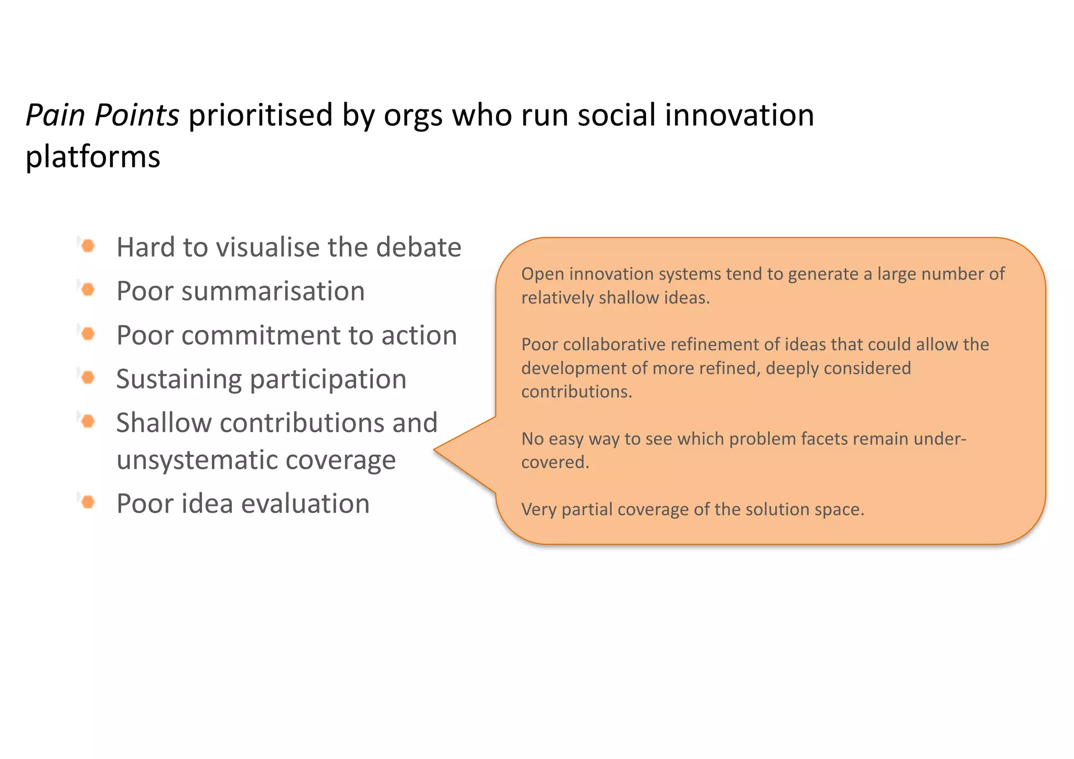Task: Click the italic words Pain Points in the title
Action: point(102,115)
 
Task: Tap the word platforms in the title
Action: point(93,157)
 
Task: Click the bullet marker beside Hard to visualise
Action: point(88,246)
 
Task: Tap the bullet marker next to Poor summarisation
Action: point(88,290)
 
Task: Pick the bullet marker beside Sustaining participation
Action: point(88,377)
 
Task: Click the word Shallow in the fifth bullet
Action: point(164,423)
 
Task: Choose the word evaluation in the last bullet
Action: point(305,504)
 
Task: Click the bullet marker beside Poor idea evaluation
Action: point(88,502)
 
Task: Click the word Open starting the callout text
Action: point(542,274)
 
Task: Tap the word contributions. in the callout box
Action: point(576,392)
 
